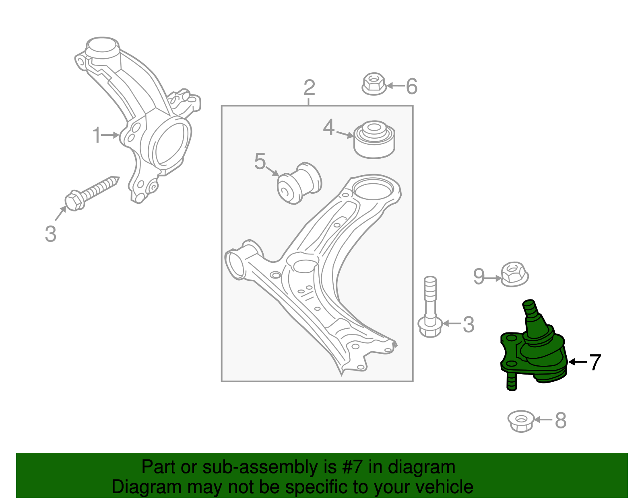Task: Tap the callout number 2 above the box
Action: (309, 88)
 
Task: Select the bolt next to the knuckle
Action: (91, 193)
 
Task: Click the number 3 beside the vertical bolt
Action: (468, 324)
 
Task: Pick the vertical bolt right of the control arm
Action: (430, 309)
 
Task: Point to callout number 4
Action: (329, 127)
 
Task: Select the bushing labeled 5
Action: (299, 183)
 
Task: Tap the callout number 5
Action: (260, 161)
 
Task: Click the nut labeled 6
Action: (374, 84)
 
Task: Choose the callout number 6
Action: (411, 86)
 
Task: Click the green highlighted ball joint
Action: (533, 350)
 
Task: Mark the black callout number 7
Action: (594, 362)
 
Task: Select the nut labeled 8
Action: (521, 421)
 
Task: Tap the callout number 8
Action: (561, 421)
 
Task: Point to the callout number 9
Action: (479, 277)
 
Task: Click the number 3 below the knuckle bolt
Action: (50, 234)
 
